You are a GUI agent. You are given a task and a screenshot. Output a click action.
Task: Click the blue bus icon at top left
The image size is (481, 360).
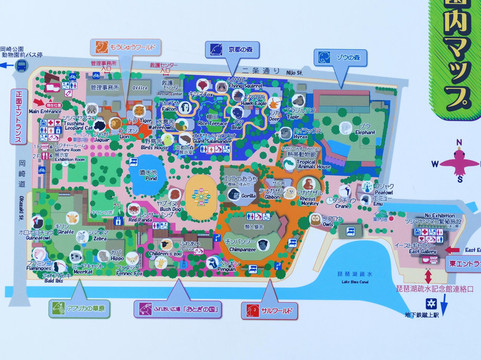tap(8, 64)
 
